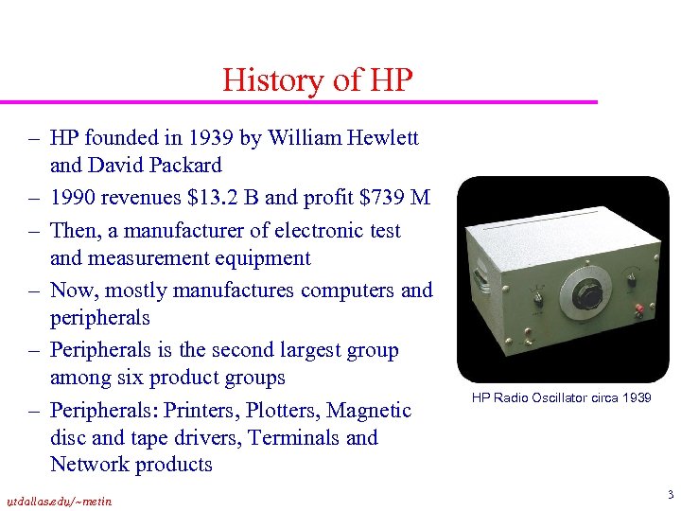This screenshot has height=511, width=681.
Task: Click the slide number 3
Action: pyautogui.click(x=670, y=495)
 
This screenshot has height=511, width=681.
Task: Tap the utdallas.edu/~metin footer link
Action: pyautogui.click(x=59, y=502)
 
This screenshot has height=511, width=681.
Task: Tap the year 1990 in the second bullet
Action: pyautogui.click(x=73, y=198)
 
